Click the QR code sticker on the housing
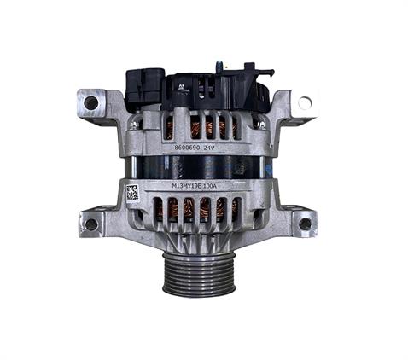132,192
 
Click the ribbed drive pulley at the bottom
198,272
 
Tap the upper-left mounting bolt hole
91,102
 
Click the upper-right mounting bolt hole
305,102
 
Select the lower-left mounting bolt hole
91,224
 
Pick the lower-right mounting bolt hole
305,224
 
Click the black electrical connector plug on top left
144,86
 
